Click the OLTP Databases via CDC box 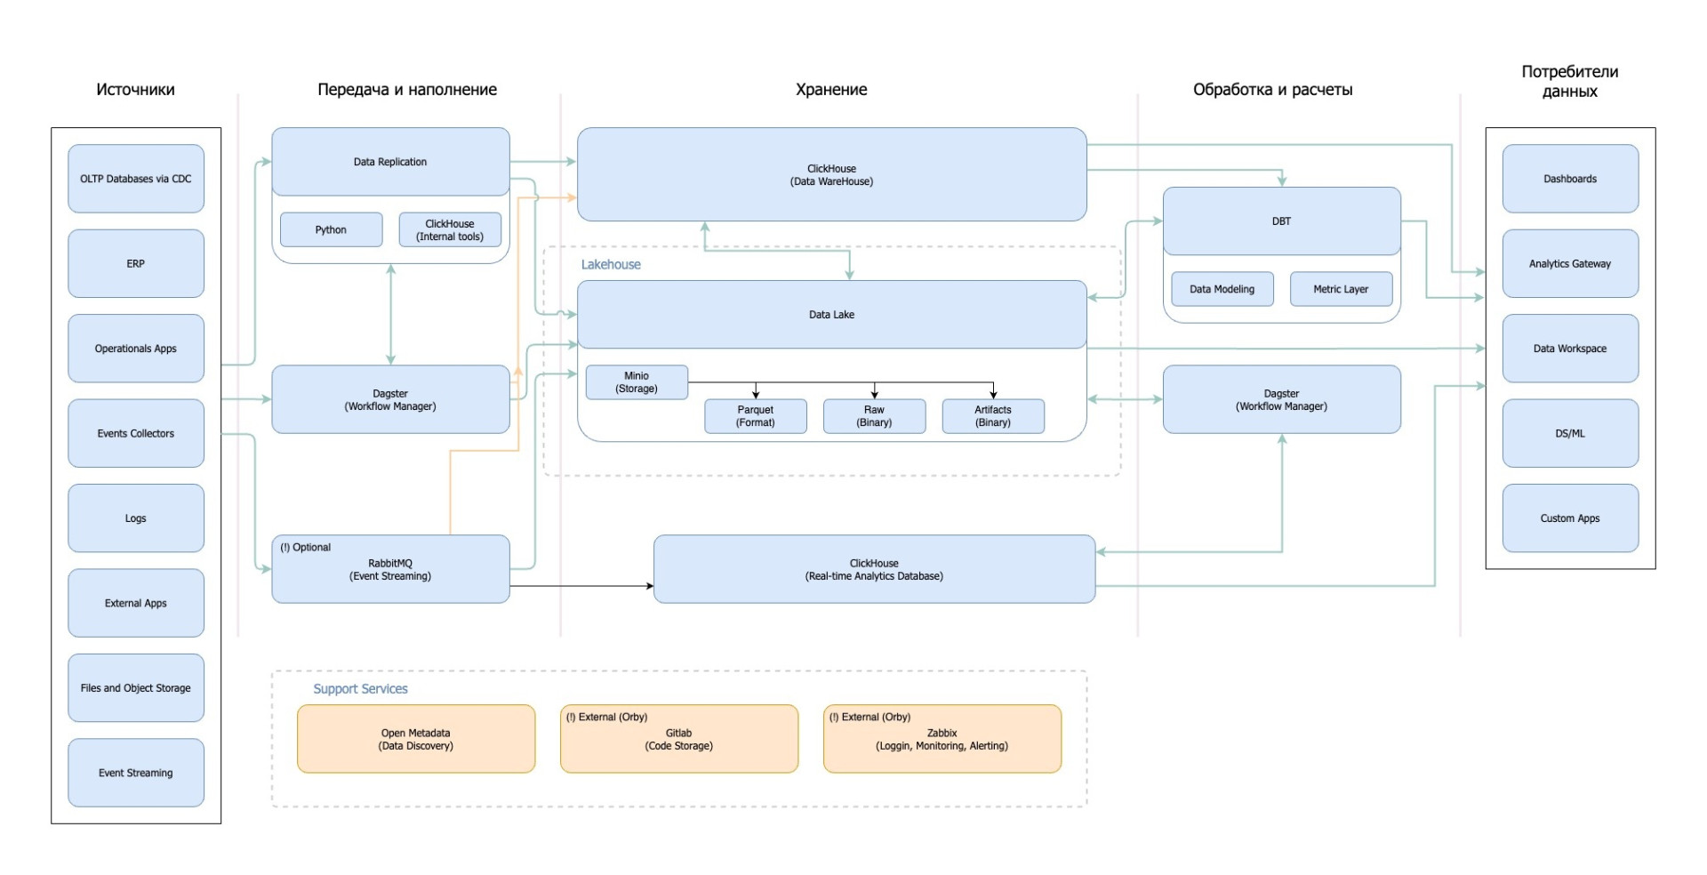[x=136, y=179]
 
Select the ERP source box [x=136, y=263]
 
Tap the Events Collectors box [x=136, y=433]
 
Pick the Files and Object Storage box [x=136, y=687]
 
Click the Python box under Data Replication [x=331, y=229]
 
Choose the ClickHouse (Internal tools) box [x=450, y=229]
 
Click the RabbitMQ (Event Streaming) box [x=390, y=569]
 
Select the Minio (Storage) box [x=637, y=382]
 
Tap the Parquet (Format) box [x=756, y=416]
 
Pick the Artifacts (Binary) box [x=993, y=416]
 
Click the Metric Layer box [x=1341, y=289]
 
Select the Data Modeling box [x=1222, y=289]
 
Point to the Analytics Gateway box [x=1570, y=263]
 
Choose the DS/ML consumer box [x=1570, y=433]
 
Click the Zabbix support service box [x=942, y=739]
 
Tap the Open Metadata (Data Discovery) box [x=416, y=739]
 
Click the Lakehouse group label [x=611, y=264]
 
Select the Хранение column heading [x=831, y=89]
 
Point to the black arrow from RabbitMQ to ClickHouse [x=581, y=586]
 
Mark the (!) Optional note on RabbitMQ [x=305, y=547]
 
